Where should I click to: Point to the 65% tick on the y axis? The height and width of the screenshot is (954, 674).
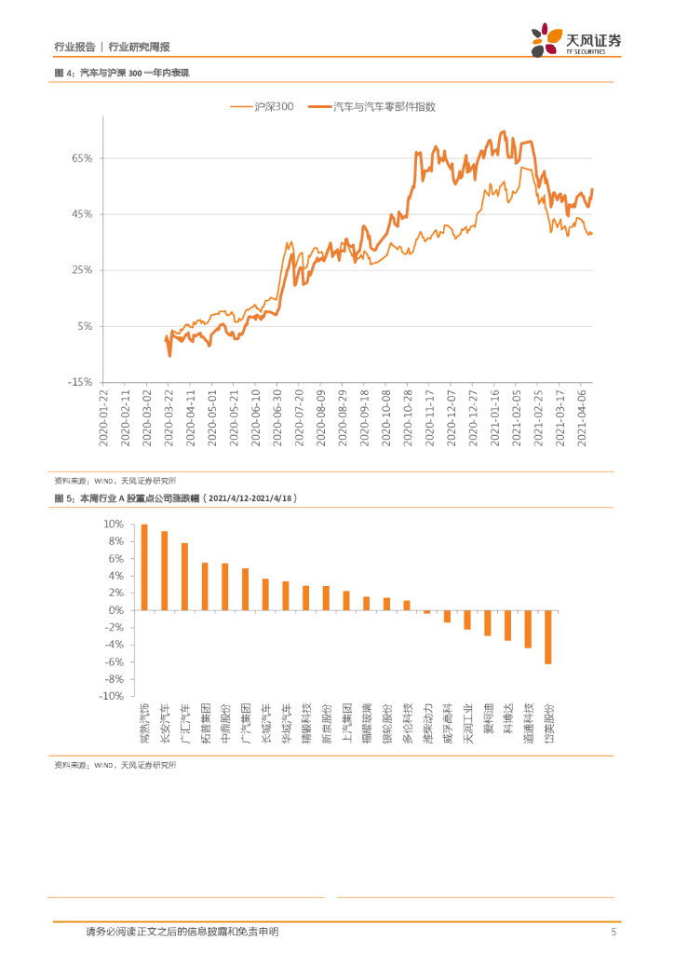81,158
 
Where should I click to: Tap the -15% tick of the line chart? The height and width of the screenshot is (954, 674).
79,381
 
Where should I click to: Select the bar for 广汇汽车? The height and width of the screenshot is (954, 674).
184,577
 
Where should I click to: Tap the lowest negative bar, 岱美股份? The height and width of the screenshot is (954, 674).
548,637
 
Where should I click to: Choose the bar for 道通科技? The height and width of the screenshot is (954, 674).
528,629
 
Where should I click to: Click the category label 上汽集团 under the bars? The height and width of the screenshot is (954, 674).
346,723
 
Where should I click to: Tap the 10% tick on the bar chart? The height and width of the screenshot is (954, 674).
112,525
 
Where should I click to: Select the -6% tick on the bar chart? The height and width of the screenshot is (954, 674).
113,661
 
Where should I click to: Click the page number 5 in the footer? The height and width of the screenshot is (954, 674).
613,932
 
